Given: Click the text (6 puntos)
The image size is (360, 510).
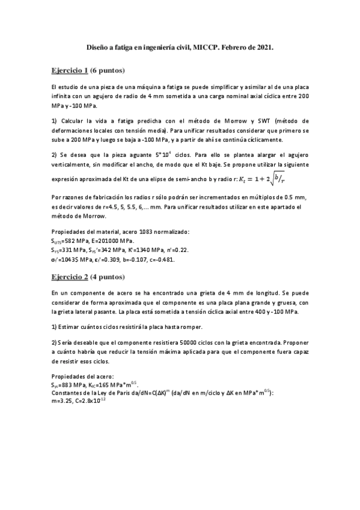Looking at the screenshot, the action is click(108, 70).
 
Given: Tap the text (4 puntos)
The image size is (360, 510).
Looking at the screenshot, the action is click(108, 277).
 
